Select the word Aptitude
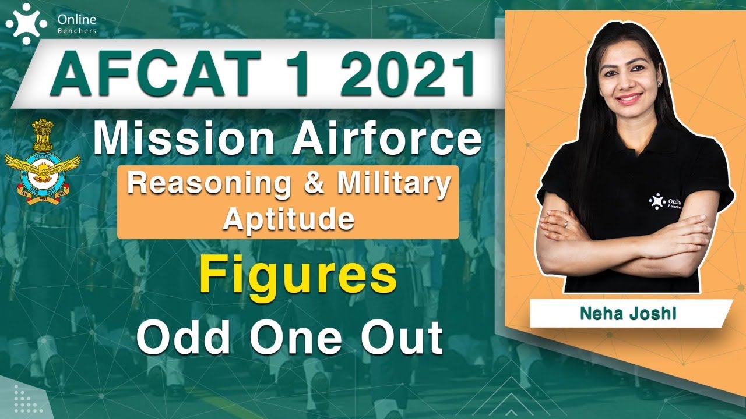[289, 219]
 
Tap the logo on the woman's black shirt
[657, 201]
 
